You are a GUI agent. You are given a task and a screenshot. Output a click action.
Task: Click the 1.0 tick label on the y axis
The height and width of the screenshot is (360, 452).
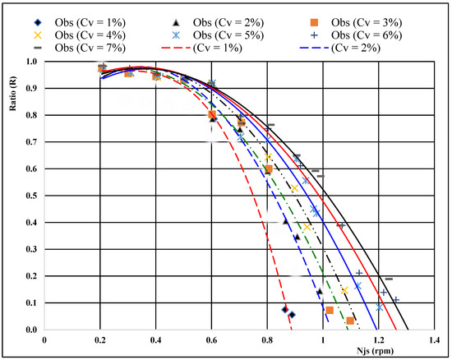[33, 62]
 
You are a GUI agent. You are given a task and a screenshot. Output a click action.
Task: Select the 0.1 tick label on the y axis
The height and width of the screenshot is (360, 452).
[33, 303]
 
